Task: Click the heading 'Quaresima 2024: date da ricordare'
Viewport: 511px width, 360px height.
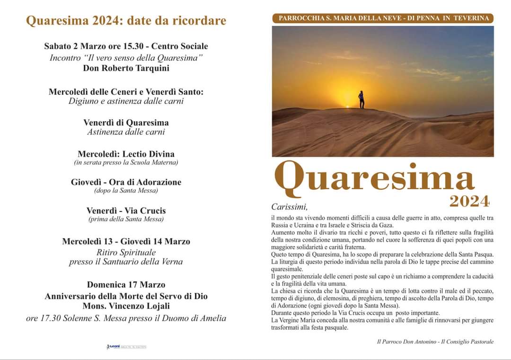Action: click(x=126, y=21)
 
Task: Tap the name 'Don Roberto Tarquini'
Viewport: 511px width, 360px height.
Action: click(x=126, y=68)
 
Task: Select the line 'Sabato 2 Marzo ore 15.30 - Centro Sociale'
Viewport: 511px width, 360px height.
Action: click(x=126, y=46)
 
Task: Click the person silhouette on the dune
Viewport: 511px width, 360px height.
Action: click(x=361, y=99)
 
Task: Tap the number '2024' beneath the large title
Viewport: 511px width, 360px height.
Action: click(x=469, y=202)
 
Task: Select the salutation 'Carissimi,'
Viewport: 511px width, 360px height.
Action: click(x=290, y=207)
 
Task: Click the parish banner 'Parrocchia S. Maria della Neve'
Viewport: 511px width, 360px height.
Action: click(x=383, y=18)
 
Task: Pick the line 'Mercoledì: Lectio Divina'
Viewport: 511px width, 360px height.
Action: click(x=126, y=154)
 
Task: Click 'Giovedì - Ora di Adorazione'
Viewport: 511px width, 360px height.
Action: click(x=126, y=182)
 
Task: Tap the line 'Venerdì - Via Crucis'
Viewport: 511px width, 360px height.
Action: click(x=126, y=211)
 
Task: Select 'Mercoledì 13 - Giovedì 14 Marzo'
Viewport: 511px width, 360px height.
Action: click(x=126, y=241)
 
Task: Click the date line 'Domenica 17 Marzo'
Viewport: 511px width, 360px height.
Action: click(x=126, y=285)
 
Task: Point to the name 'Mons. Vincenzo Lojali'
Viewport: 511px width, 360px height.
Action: click(x=126, y=306)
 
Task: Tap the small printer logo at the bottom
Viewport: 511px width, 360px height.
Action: click(x=126, y=347)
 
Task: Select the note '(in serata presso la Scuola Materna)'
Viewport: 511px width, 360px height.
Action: click(x=126, y=162)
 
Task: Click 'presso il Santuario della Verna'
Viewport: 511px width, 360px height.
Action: click(x=126, y=262)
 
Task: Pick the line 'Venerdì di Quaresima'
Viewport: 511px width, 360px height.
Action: click(x=126, y=123)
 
